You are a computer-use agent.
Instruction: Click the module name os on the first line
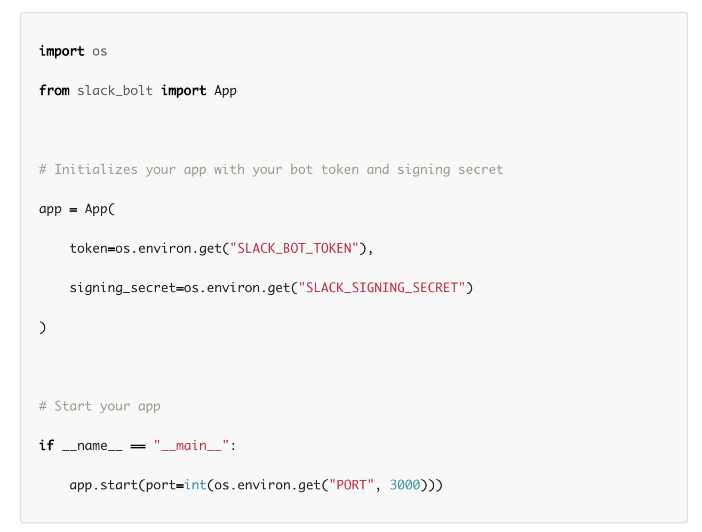point(100,52)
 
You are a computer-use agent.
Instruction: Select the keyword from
point(54,91)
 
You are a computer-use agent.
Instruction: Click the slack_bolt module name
point(115,91)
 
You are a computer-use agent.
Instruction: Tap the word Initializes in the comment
point(96,170)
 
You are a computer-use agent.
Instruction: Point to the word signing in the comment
point(424,170)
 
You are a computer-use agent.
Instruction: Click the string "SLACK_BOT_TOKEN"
point(294,248)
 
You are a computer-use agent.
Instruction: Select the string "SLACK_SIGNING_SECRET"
point(382,288)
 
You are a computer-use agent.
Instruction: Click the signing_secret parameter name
point(123,288)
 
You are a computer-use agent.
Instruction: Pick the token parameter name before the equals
point(89,248)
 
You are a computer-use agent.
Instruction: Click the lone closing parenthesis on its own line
point(43,327)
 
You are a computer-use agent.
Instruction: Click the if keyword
point(46,446)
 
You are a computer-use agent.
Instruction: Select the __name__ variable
point(92,446)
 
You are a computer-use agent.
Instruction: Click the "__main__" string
point(192,446)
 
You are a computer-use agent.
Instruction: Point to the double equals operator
point(138,446)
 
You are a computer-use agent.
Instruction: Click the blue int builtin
point(195,485)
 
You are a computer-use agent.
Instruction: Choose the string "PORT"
point(351,485)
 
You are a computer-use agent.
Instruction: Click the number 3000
point(405,485)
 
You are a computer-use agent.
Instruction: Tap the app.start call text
point(103,485)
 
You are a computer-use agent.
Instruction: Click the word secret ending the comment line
point(481,170)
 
